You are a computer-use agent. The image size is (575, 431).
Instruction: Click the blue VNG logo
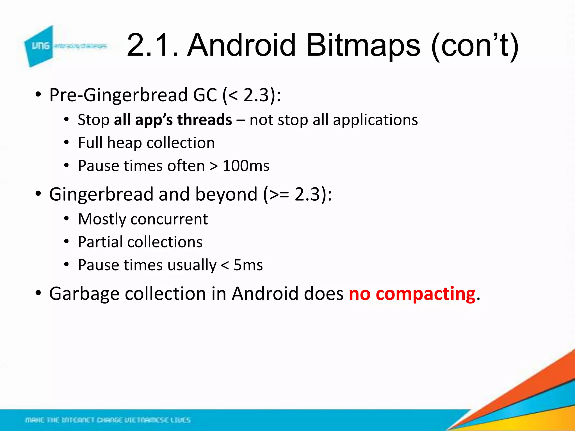click(39, 46)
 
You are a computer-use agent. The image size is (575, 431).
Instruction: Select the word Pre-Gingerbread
click(118, 95)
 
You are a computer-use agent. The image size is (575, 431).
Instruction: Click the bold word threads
click(204, 120)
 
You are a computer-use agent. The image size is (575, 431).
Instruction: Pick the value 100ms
click(246, 166)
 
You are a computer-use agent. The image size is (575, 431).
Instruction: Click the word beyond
click(226, 194)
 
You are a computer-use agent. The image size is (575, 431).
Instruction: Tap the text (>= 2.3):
click(297, 194)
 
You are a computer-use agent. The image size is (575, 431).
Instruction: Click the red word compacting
click(425, 294)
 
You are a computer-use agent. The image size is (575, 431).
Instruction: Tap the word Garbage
click(84, 294)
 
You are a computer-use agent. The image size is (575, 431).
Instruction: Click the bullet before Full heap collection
click(66, 143)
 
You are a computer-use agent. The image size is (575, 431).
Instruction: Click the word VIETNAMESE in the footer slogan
click(146, 420)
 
